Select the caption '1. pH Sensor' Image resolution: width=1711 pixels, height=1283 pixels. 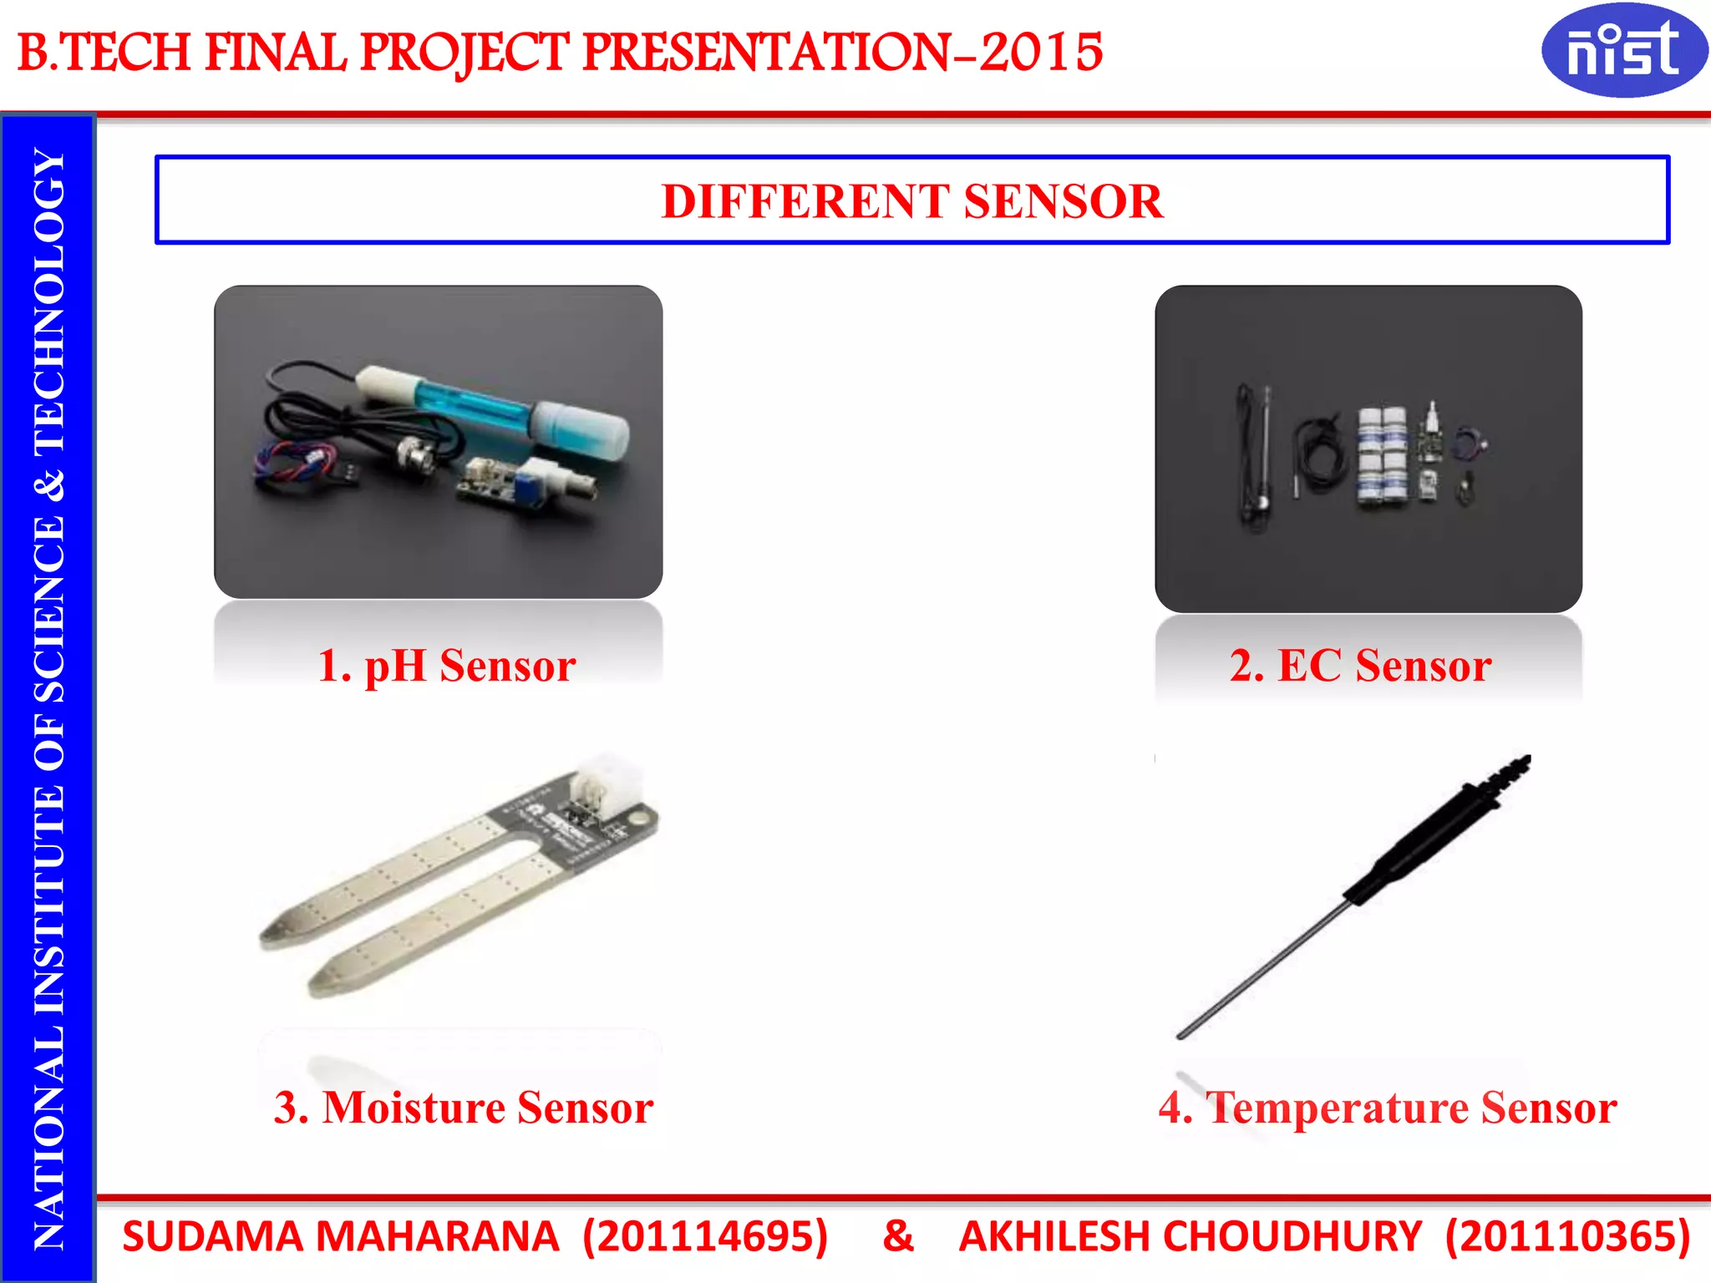447,666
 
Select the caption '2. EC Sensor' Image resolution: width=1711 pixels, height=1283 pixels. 1360,666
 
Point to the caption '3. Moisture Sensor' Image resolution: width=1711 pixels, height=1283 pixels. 464,1108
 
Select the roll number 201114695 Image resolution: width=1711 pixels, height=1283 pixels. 704,1236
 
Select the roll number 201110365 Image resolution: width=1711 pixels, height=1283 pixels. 1567,1236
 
